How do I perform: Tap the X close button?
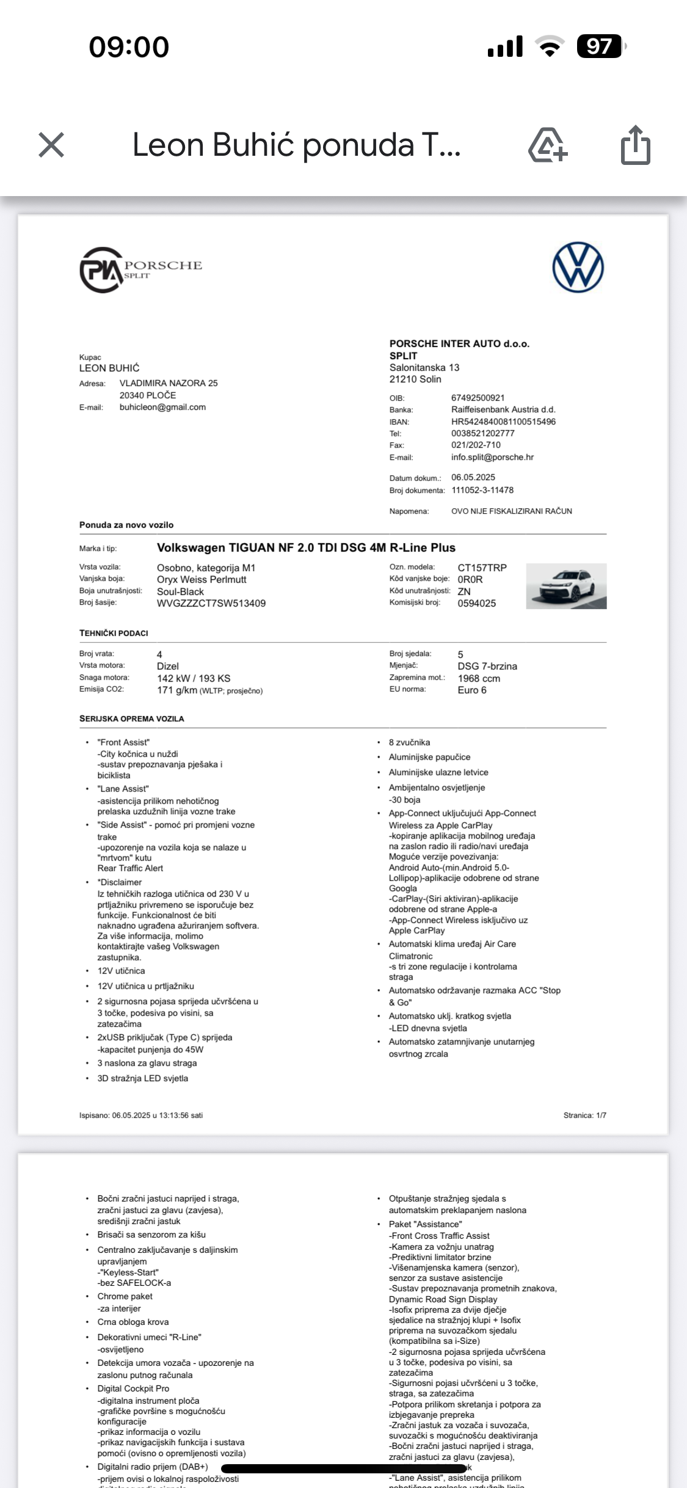51,145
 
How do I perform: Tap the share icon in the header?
635,145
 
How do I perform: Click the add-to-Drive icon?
547,145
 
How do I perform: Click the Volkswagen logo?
578,268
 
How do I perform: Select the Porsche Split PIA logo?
140,269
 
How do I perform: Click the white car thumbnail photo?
566,586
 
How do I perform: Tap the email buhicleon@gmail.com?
162,407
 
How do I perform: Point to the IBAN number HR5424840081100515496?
503,421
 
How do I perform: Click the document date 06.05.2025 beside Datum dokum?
473,478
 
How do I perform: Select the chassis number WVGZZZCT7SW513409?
211,604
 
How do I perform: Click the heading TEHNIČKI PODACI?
114,633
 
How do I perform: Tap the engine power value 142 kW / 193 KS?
194,679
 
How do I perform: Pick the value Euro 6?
472,690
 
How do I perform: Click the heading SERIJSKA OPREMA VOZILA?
131,719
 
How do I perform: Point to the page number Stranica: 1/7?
584,1115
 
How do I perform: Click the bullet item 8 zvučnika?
409,743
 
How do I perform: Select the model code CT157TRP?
482,568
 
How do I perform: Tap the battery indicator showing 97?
600,46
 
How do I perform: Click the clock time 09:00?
129,47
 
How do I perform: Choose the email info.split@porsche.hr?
492,458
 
